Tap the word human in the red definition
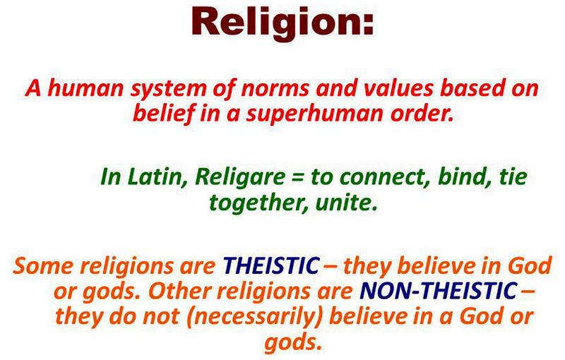click(x=85, y=88)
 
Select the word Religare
click(x=239, y=179)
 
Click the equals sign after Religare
click(x=297, y=178)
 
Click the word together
click(x=258, y=203)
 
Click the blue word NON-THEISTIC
click(x=439, y=291)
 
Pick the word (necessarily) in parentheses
click(x=255, y=317)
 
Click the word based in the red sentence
click(x=471, y=88)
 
